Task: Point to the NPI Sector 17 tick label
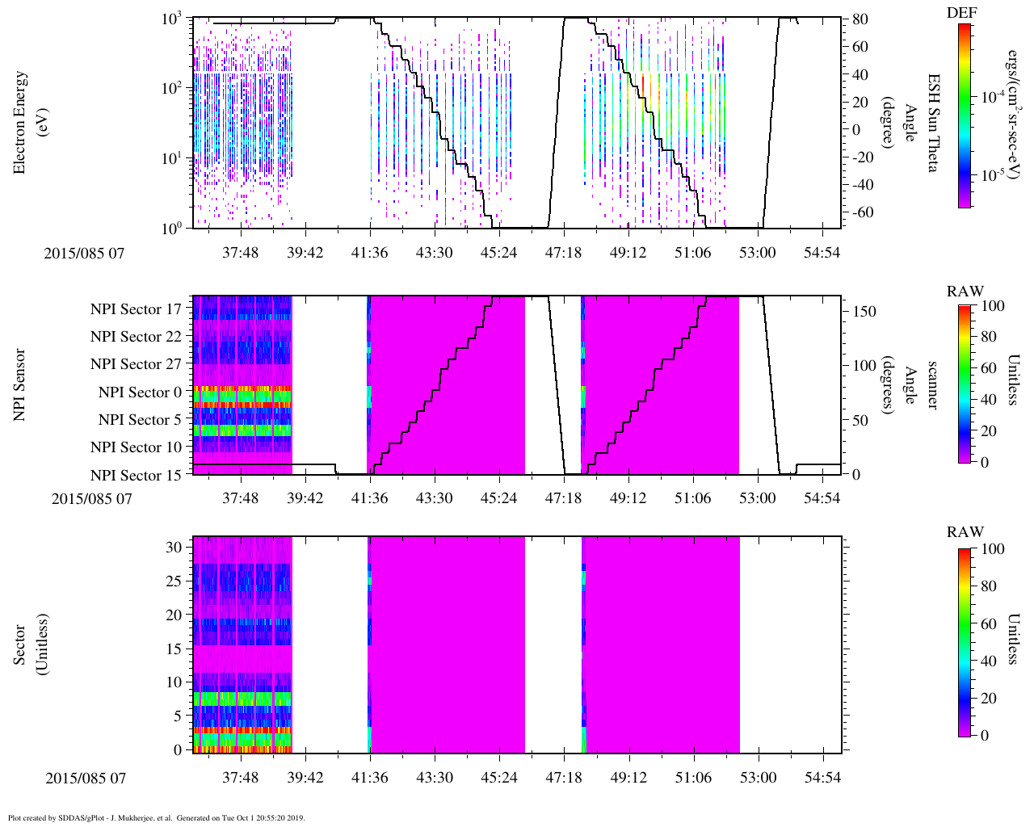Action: (136, 309)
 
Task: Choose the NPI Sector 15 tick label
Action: (136, 476)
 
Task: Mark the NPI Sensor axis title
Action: (20, 385)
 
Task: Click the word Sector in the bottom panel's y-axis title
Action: (20, 644)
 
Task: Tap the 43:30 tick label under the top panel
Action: (434, 253)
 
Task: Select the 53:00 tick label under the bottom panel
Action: (757, 779)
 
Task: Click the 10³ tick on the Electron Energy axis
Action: (172, 19)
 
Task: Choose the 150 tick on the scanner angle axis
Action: (865, 312)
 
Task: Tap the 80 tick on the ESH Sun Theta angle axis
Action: (860, 19)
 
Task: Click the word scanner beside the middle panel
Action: (933, 385)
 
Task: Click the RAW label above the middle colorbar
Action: (965, 292)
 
